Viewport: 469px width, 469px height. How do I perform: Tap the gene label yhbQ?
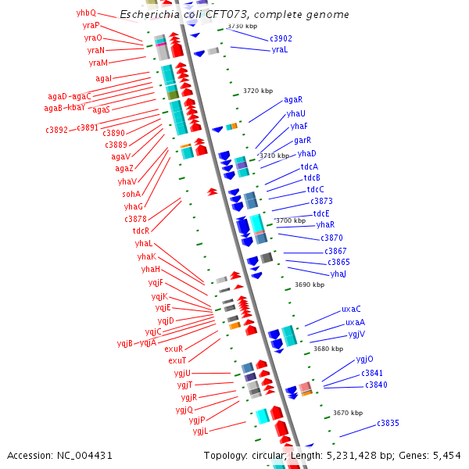pyautogui.click(x=86, y=13)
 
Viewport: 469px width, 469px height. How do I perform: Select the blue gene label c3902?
pyautogui.click(x=281, y=38)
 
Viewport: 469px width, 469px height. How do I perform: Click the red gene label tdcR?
pyautogui.click(x=141, y=231)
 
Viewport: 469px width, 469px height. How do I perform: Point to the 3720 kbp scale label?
pyautogui.click(x=258, y=91)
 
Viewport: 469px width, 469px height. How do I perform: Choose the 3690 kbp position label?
pyautogui.click(x=309, y=285)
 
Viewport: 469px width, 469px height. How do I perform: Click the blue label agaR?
pyautogui.click(x=293, y=99)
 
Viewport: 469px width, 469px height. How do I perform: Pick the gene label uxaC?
pyautogui.click(x=351, y=309)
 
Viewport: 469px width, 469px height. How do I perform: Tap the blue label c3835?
pyautogui.click(x=388, y=423)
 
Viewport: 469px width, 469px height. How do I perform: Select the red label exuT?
pyautogui.click(x=177, y=360)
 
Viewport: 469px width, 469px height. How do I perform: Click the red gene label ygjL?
pyautogui.click(x=200, y=431)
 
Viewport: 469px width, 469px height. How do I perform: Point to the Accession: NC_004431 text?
pyautogui.click(x=59, y=455)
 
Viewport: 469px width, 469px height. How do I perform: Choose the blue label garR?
pyautogui.click(x=303, y=140)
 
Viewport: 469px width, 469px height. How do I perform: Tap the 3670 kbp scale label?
pyautogui.click(x=347, y=412)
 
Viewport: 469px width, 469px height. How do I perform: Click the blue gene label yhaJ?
pyautogui.click(x=338, y=274)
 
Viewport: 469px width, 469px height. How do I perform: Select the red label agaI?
pyautogui.click(x=104, y=78)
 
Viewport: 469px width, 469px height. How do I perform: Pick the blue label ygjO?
pyautogui.click(x=364, y=359)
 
